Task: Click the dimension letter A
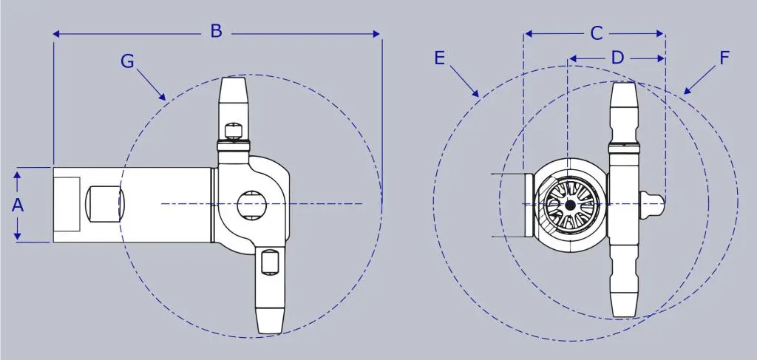(18, 206)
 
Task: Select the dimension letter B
(217, 31)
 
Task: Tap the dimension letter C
(597, 34)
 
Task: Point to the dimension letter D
(617, 58)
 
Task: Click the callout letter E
(439, 58)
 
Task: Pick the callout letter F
(724, 58)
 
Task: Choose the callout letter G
(127, 61)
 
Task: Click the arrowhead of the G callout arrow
(163, 97)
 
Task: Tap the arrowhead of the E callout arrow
(475, 93)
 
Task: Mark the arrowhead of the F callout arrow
(688, 90)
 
